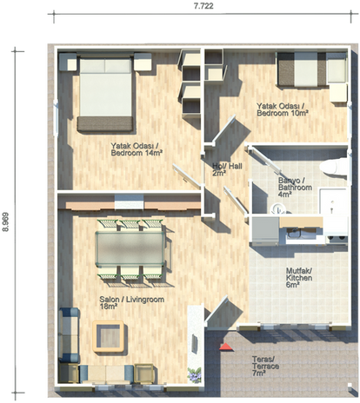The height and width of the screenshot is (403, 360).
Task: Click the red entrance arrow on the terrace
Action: (x=226, y=347)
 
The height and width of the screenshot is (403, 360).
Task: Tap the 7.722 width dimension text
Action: (x=203, y=6)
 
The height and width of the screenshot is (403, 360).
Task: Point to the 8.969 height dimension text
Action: (x=6, y=222)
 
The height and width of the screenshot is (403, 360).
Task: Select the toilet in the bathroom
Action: (x=333, y=167)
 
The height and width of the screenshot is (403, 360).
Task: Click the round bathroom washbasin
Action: (x=277, y=208)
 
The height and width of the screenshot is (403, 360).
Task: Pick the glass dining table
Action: (x=130, y=248)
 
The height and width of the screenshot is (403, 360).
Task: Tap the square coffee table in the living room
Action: (x=109, y=336)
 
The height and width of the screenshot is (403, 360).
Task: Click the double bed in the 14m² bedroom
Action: (x=105, y=94)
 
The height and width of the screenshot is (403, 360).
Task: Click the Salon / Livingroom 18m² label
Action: (x=132, y=302)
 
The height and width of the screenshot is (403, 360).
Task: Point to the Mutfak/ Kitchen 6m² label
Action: (x=299, y=278)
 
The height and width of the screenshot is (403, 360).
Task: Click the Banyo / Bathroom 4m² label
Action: (x=295, y=188)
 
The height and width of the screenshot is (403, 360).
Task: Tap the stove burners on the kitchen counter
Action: (x=337, y=239)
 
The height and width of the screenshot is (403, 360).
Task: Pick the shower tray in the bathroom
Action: (x=333, y=201)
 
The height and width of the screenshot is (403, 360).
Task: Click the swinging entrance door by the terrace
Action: (x=217, y=311)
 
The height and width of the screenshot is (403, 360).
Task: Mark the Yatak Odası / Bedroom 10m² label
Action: (x=283, y=109)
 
